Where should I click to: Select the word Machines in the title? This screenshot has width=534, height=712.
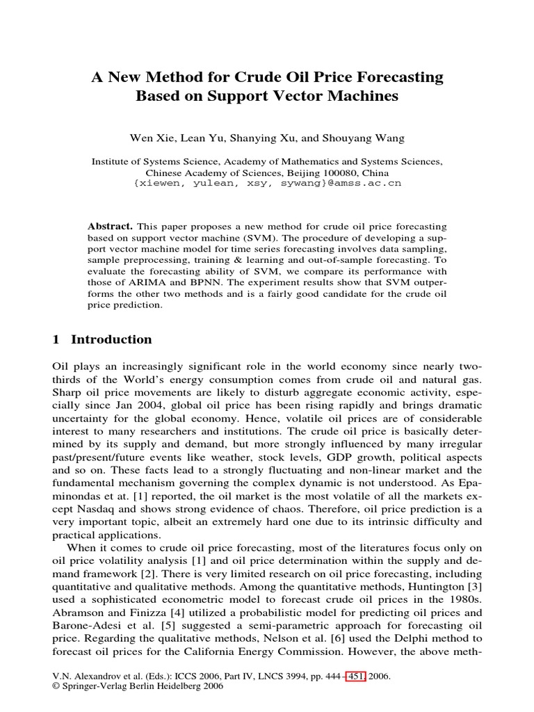coord(364,96)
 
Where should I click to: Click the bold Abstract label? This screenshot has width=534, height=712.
coord(111,227)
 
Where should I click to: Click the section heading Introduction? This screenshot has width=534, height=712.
coord(111,339)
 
